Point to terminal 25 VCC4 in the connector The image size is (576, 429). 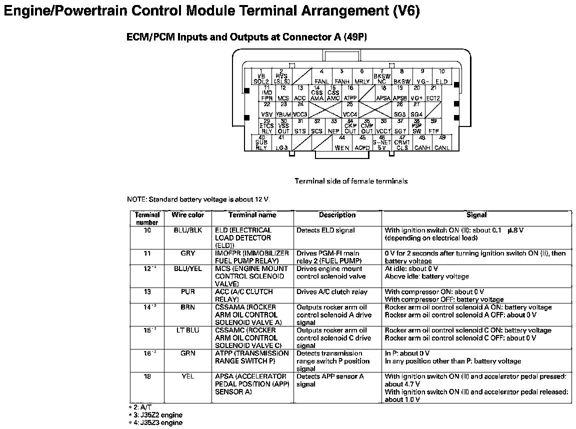click(349, 109)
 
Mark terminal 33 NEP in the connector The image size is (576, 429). click(333, 126)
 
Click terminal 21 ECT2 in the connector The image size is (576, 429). click(433, 93)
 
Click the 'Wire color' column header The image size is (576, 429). click(188, 215)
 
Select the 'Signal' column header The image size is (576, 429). click(476, 215)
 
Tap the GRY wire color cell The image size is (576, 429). click(188, 253)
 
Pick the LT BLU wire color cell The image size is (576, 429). click(188, 330)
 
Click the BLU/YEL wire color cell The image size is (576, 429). click(188, 268)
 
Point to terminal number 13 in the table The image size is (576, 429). click(147, 292)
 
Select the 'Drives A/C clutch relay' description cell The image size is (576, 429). click(331, 292)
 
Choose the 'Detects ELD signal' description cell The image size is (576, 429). click(325, 230)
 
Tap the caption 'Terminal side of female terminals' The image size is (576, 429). click(351, 181)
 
